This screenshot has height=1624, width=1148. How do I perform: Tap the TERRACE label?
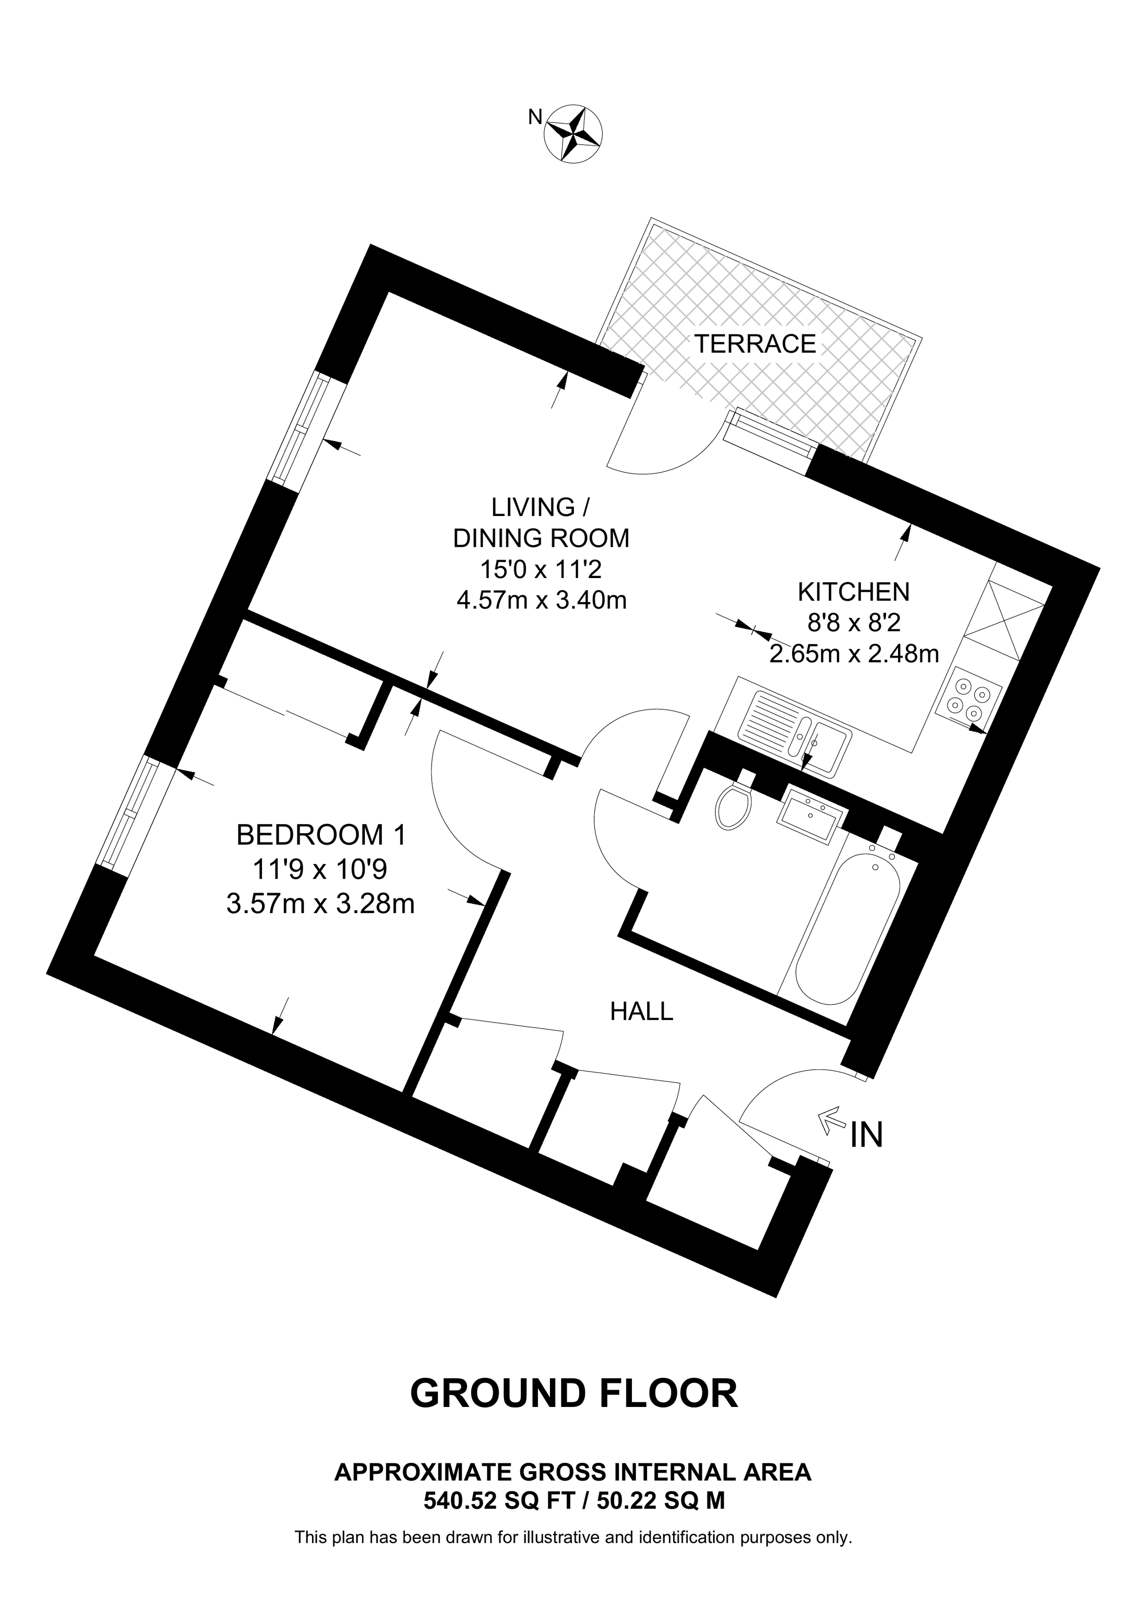click(755, 344)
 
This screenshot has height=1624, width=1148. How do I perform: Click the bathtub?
click(847, 928)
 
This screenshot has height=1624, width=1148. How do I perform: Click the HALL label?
click(641, 1012)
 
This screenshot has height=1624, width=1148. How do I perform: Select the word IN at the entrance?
click(867, 1135)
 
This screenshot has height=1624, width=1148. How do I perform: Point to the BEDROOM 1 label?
click(321, 835)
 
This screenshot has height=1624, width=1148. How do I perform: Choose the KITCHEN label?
click(853, 591)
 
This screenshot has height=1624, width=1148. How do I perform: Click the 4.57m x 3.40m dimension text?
click(542, 600)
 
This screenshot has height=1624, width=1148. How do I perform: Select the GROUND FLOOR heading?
click(573, 1393)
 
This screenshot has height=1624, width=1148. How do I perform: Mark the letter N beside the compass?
click(535, 117)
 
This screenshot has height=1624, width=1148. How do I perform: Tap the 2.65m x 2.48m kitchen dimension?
click(854, 654)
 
